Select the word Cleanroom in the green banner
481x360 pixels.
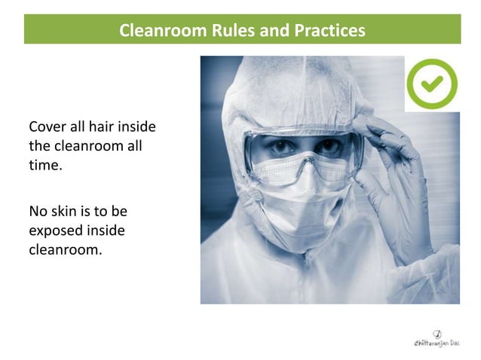(155, 31)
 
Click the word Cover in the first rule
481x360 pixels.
(46, 125)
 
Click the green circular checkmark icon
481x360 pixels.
(432, 84)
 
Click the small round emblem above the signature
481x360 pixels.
(437, 333)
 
